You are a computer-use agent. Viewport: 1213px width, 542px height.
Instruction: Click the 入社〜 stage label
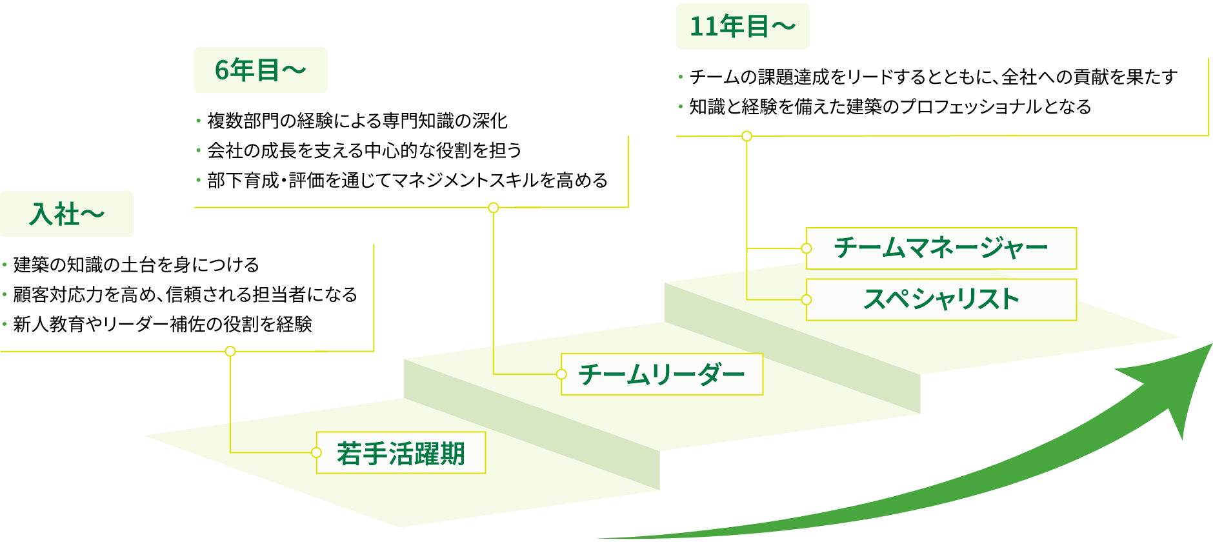point(66,214)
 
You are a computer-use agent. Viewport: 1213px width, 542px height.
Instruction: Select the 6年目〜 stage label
point(261,70)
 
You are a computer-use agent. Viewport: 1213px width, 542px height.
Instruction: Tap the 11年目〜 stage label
point(743,26)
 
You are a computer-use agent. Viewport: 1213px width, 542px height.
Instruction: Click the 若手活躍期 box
point(401,453)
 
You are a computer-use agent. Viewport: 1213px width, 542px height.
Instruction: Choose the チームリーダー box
point(662,374)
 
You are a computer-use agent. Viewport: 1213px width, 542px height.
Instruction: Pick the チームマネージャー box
point(941,248)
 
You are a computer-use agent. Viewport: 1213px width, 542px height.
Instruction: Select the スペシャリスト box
point(941,299)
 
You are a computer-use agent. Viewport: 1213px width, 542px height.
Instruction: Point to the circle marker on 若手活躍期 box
point(316,453)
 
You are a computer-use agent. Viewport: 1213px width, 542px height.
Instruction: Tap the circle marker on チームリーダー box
point(561,374)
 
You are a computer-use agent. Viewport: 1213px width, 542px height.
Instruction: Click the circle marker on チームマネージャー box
point(807,248)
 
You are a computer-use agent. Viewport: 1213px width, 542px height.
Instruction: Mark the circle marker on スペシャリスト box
point(807,299)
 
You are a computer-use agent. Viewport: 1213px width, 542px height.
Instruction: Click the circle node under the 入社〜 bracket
point(230,352)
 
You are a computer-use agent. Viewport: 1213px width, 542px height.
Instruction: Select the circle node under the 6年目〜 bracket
point(494,208)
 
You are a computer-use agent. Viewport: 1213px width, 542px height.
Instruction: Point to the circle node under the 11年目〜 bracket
point(747,136)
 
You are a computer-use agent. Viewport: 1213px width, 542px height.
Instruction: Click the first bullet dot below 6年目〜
point(198,121)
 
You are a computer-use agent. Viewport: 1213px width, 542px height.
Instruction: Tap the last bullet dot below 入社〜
point(5,324)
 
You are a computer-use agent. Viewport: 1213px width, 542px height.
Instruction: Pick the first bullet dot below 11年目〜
point(681,77)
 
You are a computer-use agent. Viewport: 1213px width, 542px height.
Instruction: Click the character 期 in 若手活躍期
point(452,454)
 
